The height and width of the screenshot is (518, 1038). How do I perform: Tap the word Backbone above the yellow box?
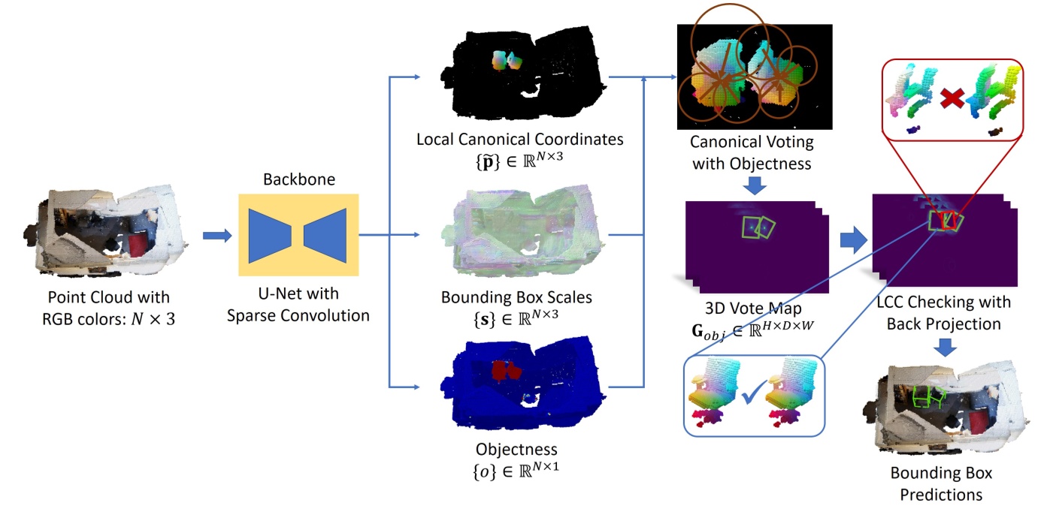point(298,180)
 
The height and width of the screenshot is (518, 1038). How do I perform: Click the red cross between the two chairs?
point(952,97)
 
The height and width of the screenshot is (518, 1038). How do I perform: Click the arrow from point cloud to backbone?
point(216,236)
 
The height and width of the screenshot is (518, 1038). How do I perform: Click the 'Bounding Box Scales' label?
point(516,297)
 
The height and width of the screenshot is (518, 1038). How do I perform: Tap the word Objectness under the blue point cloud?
point(516,449)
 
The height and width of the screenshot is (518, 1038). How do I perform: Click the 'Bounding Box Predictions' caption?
point(941,484)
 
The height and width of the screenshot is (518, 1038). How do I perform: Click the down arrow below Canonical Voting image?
point(755,185)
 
